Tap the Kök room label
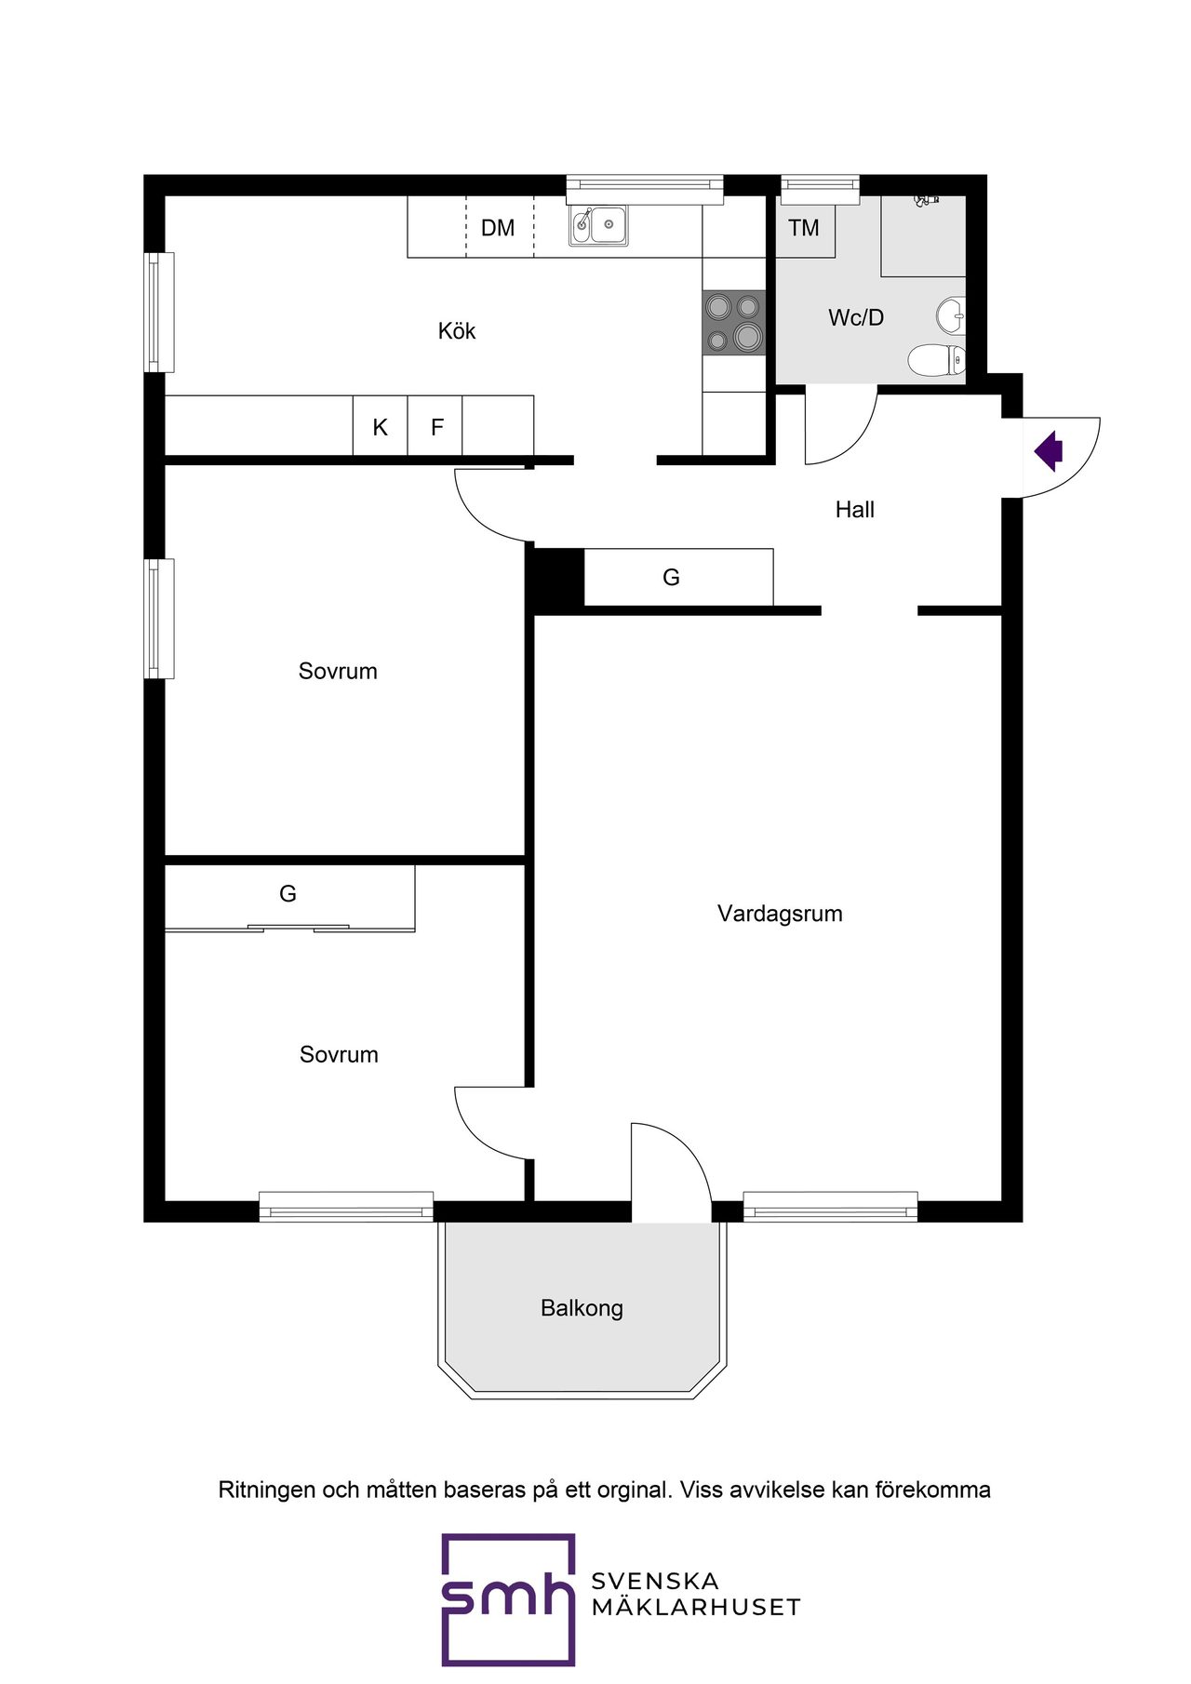(x=457, y=331)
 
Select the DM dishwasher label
(x=498, y=228)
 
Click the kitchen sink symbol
(x=598, y=225)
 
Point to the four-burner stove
(x=734, y=323)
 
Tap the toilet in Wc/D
(x=937, y=360)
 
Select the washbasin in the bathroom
(x=951, y=315)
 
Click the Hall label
(x=855, y=510)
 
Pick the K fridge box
(x=380, y=426)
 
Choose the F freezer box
(x=435, y=426)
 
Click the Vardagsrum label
(x=780, y=914)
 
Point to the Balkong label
(x=582, y=1308)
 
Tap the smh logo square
(x=508, y=1599)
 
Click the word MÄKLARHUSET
(x=696, y=1608)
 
